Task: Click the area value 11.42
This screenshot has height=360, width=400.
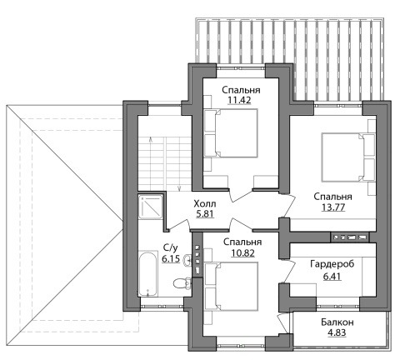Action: tap(239, 100)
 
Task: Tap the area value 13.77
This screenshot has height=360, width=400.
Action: tap(333, 207)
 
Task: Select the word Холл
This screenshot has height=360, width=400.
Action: tap(205, 204)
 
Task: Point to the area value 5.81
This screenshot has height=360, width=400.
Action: tap(205, 214)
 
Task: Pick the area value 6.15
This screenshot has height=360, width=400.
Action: tap(171, 258)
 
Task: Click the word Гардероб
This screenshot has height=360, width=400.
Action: tap(332, 264)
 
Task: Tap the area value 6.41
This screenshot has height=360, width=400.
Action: tap(332, 276)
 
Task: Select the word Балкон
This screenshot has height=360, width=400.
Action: tap(337, 322)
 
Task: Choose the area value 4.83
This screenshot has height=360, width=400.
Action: tap(337, 332)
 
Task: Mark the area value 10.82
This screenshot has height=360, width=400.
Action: tap(242, 252)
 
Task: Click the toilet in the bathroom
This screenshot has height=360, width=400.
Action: tap(182, 283)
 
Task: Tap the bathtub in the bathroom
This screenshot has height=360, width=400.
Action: tap(147, 274)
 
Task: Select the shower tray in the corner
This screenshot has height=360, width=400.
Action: tap(150, 207)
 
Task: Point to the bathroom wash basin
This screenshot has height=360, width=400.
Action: tap(187, 260)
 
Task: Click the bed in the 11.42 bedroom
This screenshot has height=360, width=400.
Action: tap(231, 133)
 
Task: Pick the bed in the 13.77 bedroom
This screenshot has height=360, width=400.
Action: tap(347, 157)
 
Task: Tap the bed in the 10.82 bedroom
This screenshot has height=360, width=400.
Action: tap(231, 287)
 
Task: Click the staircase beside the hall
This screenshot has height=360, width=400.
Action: tap(165, 164)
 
